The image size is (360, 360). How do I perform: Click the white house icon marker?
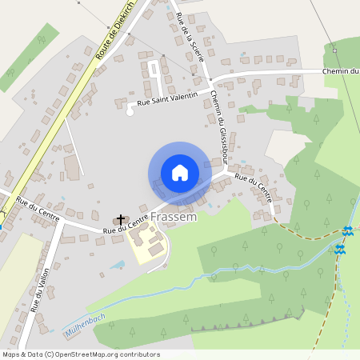(x=179, y=173)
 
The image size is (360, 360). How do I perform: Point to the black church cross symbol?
(x=121, y=218)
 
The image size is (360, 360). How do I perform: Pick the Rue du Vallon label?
(x=40, y=289)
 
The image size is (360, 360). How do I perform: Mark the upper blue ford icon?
(x=347, y=230)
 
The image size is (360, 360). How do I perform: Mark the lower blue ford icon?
(x=341, y=250)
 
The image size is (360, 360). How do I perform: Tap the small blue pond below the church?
(x=118, y=263)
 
